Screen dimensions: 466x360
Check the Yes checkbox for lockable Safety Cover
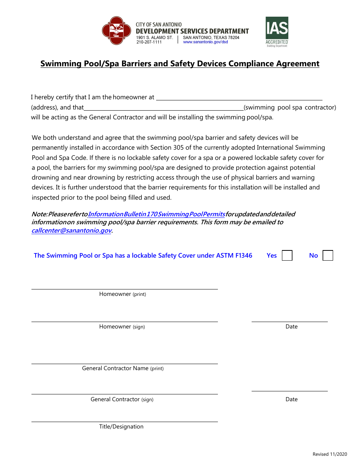click(x=287, y=255)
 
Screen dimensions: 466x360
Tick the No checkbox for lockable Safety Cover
click(x=328, y=255)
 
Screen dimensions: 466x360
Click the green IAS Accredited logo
click(x=277, y=31)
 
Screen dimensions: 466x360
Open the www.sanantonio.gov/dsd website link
click(x=205, y=42)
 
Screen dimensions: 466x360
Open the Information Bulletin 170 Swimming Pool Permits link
click(x=157, y=214)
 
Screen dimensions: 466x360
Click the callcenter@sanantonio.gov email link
click(x=71, y=230)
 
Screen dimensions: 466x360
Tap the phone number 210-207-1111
click(x=149, y=42)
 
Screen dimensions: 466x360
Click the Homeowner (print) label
click(x=122, y=294)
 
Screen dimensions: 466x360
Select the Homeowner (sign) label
click(x=122, y=327)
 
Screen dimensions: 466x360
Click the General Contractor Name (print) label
click(x=123, y=368)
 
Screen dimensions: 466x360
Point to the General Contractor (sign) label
click(x=122, y=399)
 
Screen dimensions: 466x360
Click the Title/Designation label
click(x=121, y=427)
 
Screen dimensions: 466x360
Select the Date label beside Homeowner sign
click(x=291, y=327)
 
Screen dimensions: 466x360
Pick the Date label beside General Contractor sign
click(x=291, y=399)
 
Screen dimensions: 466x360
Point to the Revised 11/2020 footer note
click(x=330, y=454)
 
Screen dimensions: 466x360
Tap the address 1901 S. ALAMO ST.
click(x=155, y=38)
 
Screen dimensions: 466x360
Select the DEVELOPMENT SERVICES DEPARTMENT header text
click(x=192, y=31)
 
